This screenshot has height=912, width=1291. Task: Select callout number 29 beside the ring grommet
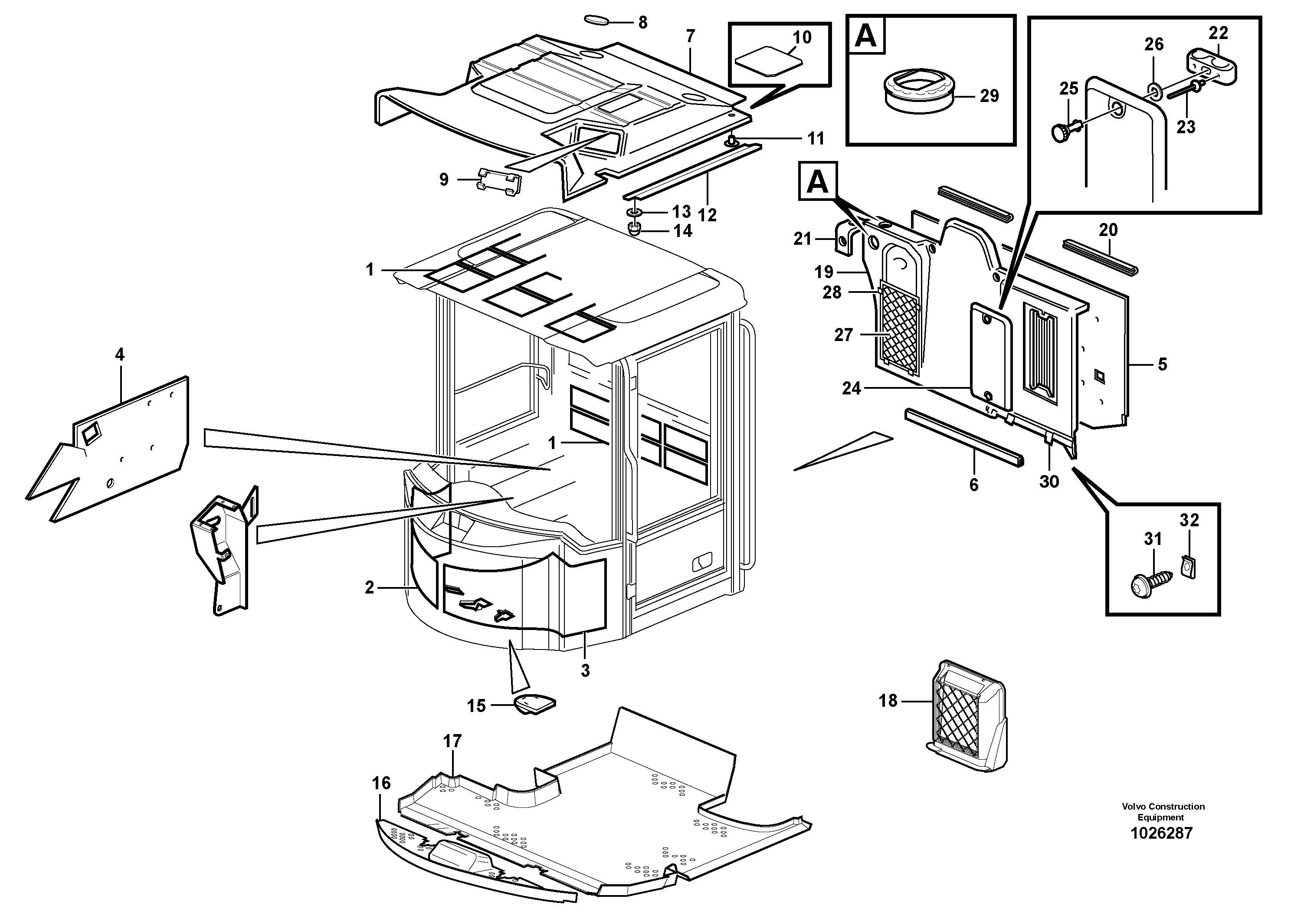pos(989,96)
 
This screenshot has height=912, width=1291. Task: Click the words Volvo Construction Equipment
pos(1163,812)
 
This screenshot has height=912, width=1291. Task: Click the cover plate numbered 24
pos(992,355)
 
